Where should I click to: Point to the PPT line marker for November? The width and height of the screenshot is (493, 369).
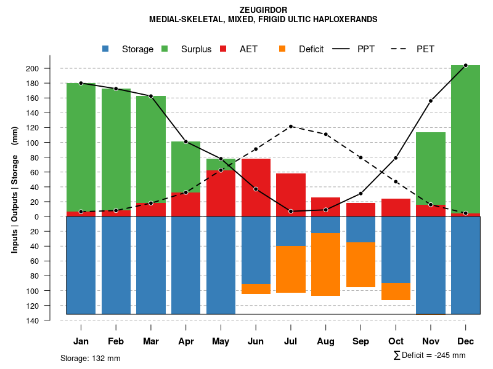click(431, 101)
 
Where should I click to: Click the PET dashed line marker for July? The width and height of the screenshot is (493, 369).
click(291, 127)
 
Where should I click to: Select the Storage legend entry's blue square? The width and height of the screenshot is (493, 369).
click(105, 49)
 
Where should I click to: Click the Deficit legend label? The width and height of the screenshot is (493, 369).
click(311, 49)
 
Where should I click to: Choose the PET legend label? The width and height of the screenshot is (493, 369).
click(425, 49)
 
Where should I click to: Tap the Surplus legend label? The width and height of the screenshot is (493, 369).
click(196, 49)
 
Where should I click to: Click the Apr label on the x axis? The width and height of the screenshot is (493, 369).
click(186, 341)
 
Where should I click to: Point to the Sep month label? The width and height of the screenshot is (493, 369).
click(361, 341)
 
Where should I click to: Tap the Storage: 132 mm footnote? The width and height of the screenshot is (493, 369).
click(90, 358)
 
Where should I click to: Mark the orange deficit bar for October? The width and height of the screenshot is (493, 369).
click(396, 292)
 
